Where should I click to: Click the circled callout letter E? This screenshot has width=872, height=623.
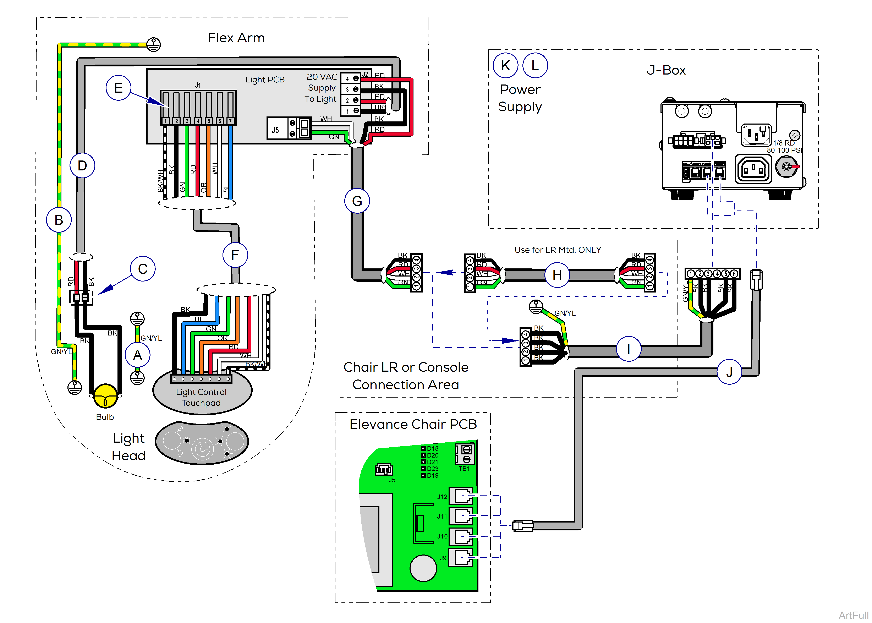[119, 88]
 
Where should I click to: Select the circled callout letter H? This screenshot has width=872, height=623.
[557, 275]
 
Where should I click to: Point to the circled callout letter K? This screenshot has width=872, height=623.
[505, 66]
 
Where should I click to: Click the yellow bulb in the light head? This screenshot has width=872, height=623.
[105, 395]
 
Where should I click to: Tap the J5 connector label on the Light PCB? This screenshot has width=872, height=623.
[275, 130]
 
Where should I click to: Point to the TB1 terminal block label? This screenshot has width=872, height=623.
[464, 469]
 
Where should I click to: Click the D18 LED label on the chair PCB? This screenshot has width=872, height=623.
[433, 448]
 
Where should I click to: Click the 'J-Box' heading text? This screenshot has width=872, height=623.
[666, 70]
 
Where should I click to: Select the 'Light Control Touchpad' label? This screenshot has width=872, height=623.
[201, 397]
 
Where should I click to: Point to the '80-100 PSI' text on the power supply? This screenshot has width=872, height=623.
[784, 150]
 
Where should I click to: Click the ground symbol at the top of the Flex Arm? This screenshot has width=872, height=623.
[154, 44]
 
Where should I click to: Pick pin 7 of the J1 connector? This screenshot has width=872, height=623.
[230, 121]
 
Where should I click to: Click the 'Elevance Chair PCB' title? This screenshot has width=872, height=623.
[413, 424]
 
